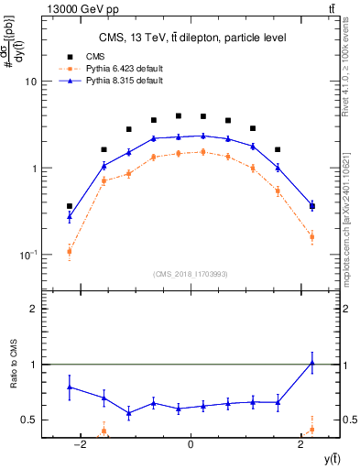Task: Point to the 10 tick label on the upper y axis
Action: click(30, 82)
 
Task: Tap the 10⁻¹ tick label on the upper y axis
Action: click(27, 255)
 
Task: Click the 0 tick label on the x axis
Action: click(191, 445)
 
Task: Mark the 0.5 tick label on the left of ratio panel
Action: click(28, 420)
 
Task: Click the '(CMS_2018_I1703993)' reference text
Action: click(191, 274)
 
